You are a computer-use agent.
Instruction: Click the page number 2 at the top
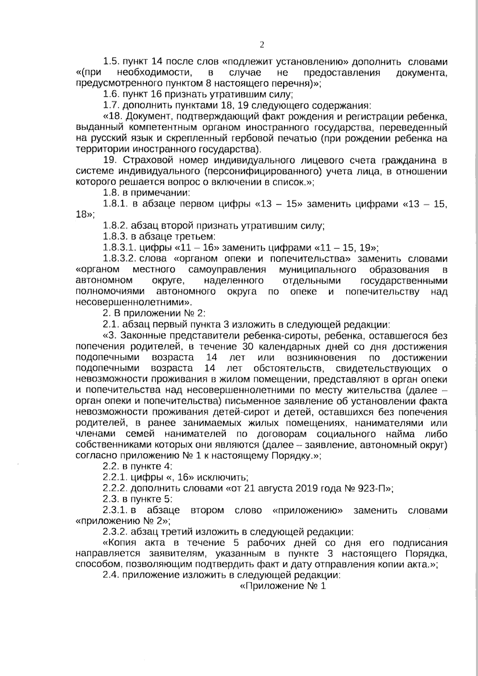click(262, 45)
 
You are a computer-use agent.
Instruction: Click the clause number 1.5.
click(111, 62)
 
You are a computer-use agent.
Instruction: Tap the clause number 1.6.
click(111, 95)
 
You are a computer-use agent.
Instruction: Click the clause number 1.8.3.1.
click(119, 248)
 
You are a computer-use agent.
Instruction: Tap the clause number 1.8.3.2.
click(119, 259)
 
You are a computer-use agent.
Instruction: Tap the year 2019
click(305, 488)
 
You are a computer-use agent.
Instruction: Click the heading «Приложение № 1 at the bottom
click(283, 586)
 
